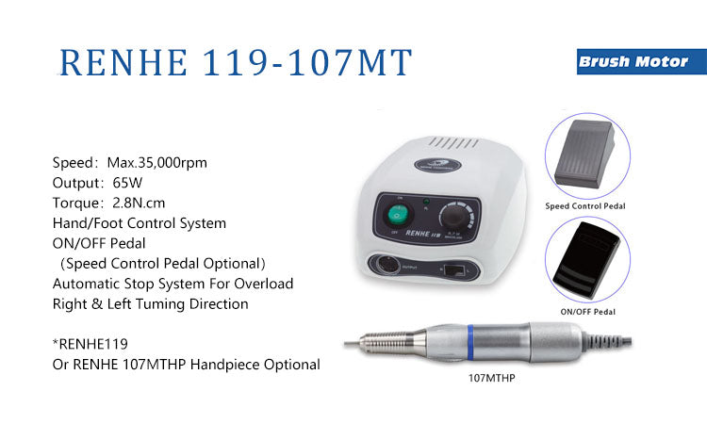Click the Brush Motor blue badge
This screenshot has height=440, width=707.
(642, 62)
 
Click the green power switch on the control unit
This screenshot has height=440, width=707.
(397, 215)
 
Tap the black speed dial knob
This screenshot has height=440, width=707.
(454, 216)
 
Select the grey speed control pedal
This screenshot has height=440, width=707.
(584, 154)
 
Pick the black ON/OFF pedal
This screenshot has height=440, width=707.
(586, 260)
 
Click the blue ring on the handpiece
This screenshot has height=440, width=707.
(470, 342)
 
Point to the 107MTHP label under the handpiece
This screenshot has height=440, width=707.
(491, 378)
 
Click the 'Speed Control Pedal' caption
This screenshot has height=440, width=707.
(585, 206)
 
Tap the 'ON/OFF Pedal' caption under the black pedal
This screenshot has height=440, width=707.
(587, 312)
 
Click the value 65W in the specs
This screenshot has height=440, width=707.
(127, 183)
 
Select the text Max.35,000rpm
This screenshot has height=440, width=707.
(156, 162)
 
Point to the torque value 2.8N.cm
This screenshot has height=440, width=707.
(139, 203)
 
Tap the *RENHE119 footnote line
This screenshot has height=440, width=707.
(90, 344)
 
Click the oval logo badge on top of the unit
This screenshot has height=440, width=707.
(437, 165)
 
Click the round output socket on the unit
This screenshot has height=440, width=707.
(386, 265)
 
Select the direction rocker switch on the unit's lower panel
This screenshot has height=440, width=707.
(454, 270)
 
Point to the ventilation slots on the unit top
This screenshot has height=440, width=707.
(453, 143)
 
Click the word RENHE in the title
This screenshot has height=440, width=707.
(123, 62)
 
